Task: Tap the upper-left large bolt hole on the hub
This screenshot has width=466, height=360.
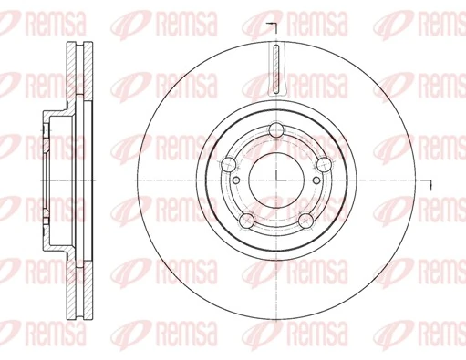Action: (229, 163)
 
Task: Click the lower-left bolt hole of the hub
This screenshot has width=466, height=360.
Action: (247, 219)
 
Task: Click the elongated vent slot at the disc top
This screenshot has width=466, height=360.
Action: (276, 69)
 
